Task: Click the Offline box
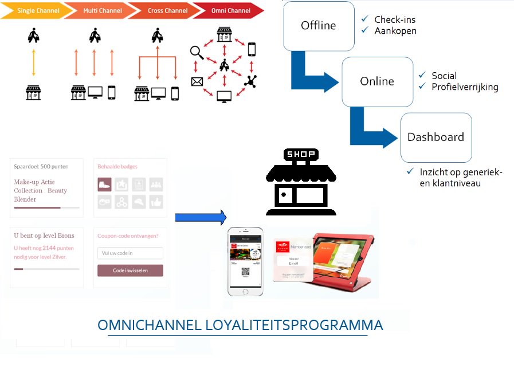click(319, 25)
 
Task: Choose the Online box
click(377, 81)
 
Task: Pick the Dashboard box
click(435, 138)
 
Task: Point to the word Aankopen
click(395, 31)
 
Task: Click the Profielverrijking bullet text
click(465, 87)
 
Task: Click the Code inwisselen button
click(130, 270)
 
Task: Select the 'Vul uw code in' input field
click(130, 253)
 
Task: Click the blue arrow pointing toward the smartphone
click(201, 217)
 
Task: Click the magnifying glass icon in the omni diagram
click(197, 52)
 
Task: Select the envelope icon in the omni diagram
click(197, 82)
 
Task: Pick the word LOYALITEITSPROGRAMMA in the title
click(294, 325)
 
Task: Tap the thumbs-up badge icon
click(156, 202)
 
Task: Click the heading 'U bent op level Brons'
click(44, 236)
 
